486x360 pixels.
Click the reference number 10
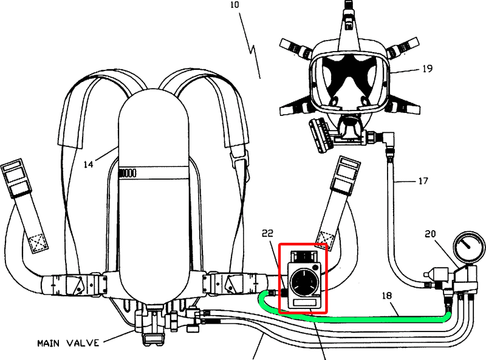234,5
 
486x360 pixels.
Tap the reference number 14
88,164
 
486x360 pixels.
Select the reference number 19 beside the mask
428,68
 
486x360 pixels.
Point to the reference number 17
423,181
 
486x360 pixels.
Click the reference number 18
387,296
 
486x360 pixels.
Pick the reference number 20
430,234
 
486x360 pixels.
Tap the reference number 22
267,233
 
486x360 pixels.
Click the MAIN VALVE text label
68,343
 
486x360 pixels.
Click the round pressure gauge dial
469,246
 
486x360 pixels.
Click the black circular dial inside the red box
303,282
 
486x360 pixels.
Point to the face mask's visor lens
349,81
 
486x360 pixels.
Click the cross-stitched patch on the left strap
38,242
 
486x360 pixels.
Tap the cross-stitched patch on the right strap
325,239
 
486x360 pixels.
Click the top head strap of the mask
349,16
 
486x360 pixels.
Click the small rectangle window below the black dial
304,302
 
